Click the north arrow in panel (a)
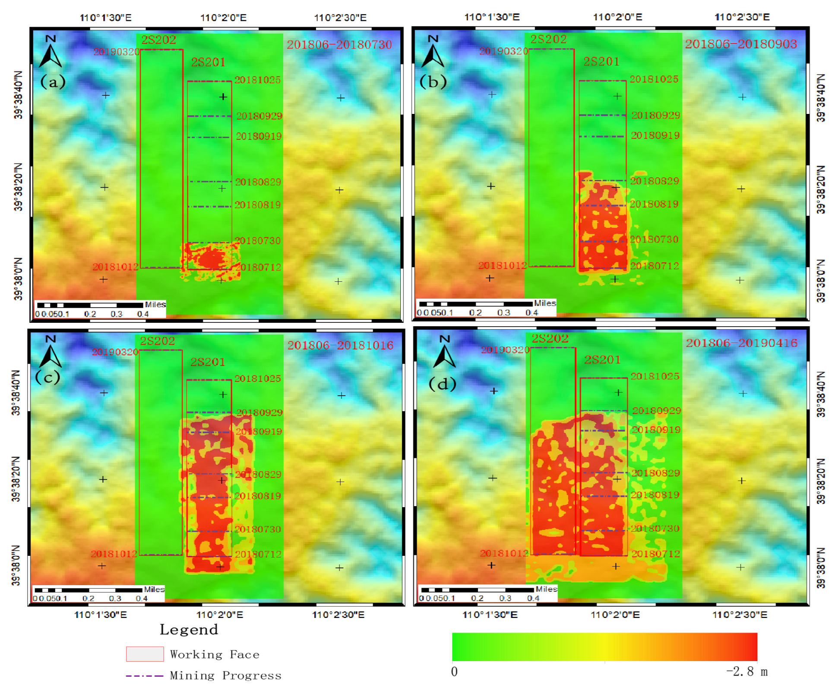click(51, 52)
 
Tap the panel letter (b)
click(433, 81)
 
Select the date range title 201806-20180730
click(339, 44)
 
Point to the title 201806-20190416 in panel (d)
click(742, 343)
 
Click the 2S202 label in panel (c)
click(158, 341)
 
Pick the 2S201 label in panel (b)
click(601, 62)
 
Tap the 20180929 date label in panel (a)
click(259, 116)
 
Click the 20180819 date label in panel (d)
click(655, 495)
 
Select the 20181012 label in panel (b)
click(503, 266)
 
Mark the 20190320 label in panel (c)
click(115, 352)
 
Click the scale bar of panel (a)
click(90, 306)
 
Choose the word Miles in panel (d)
click(546, 589)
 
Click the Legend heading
click(189, 630)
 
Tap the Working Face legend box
click(145, 654)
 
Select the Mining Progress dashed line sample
click(144, 676)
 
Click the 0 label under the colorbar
click(454, 672)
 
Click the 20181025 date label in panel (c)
click(257, 379)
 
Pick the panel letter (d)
click(443, 384)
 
